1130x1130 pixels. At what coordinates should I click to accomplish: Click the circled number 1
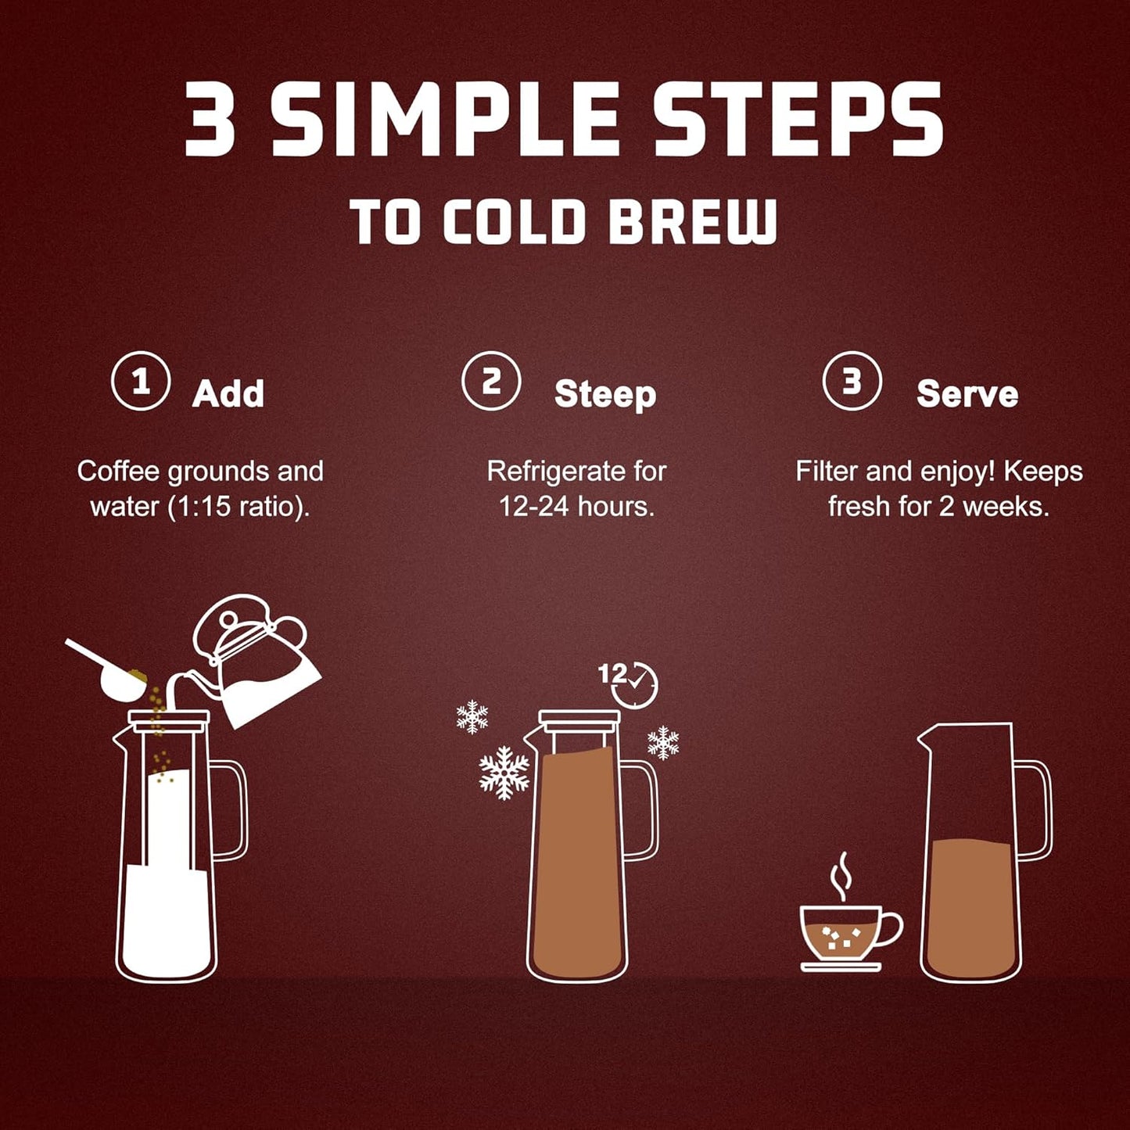[x=141, y=382]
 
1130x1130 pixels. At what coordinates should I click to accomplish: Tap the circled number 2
[x=491, y=382]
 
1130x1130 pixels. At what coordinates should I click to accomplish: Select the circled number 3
[x=852, y=382]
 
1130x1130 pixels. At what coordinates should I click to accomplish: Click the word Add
[x=228, y=393]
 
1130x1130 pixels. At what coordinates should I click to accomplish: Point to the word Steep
[x=604, y=394]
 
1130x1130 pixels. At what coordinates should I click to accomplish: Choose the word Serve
[x=967, y=393]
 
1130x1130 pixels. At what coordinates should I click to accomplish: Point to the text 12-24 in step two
[x=535, y=507]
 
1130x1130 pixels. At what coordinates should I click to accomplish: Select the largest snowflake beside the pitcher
[x=504, y=773]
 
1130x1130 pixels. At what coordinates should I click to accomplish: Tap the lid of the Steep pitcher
[x=579, y=719]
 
